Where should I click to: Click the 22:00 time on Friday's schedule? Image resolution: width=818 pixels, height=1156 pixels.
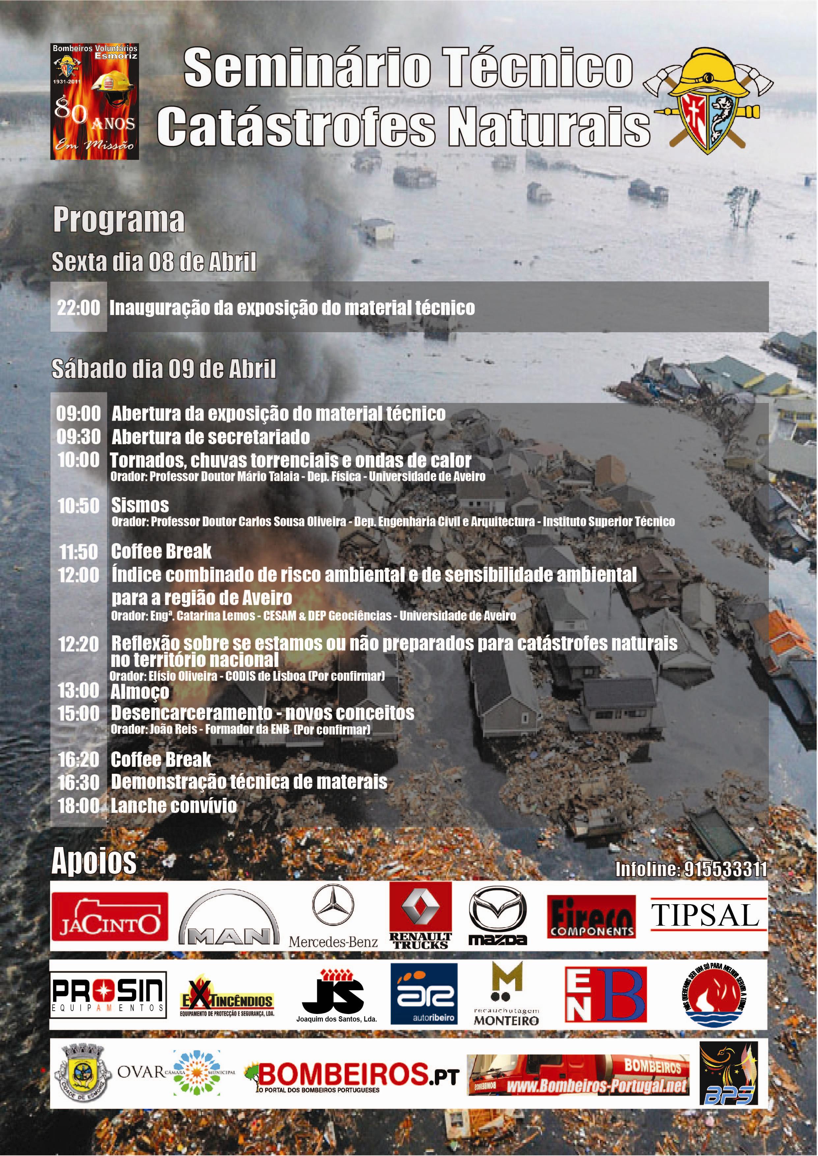[79, 308]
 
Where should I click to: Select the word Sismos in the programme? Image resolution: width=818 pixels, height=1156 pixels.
[140, 505]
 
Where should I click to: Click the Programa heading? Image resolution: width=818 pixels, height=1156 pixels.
[119, 220]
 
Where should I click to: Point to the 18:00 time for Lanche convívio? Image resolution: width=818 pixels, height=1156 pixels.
[79, 805]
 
